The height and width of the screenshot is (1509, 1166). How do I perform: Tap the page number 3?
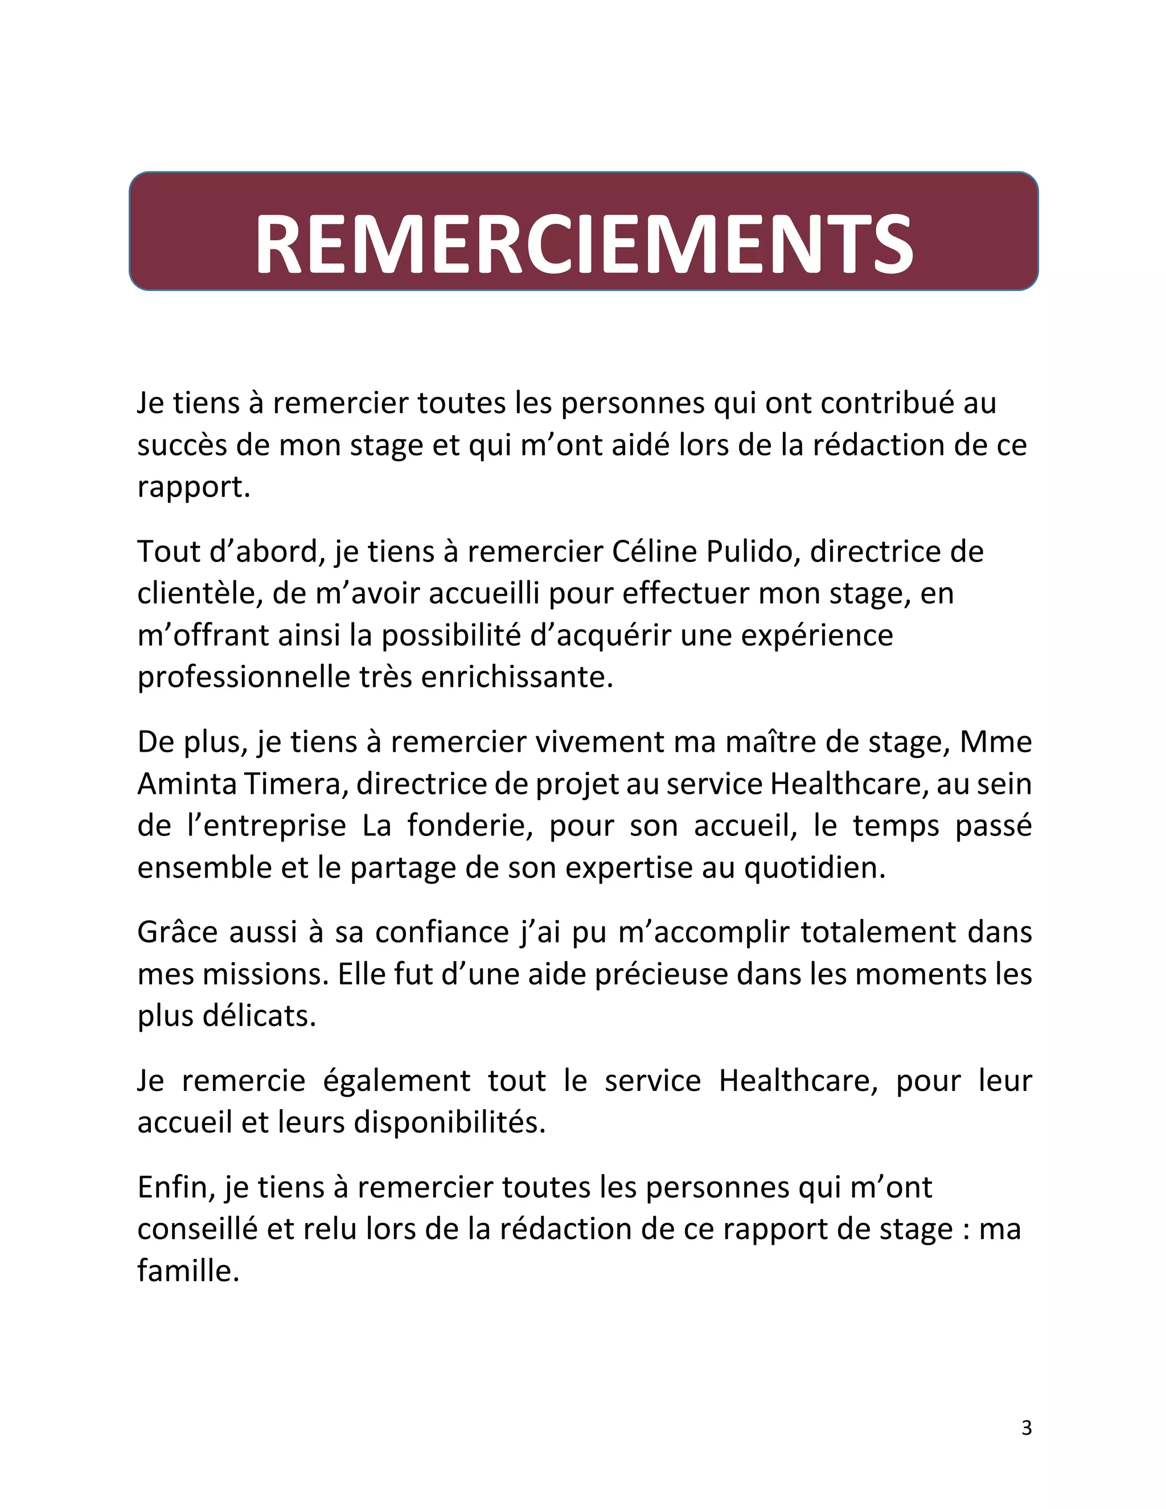point(1027,1428)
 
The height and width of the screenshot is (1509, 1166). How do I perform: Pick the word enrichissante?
point(517,677)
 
